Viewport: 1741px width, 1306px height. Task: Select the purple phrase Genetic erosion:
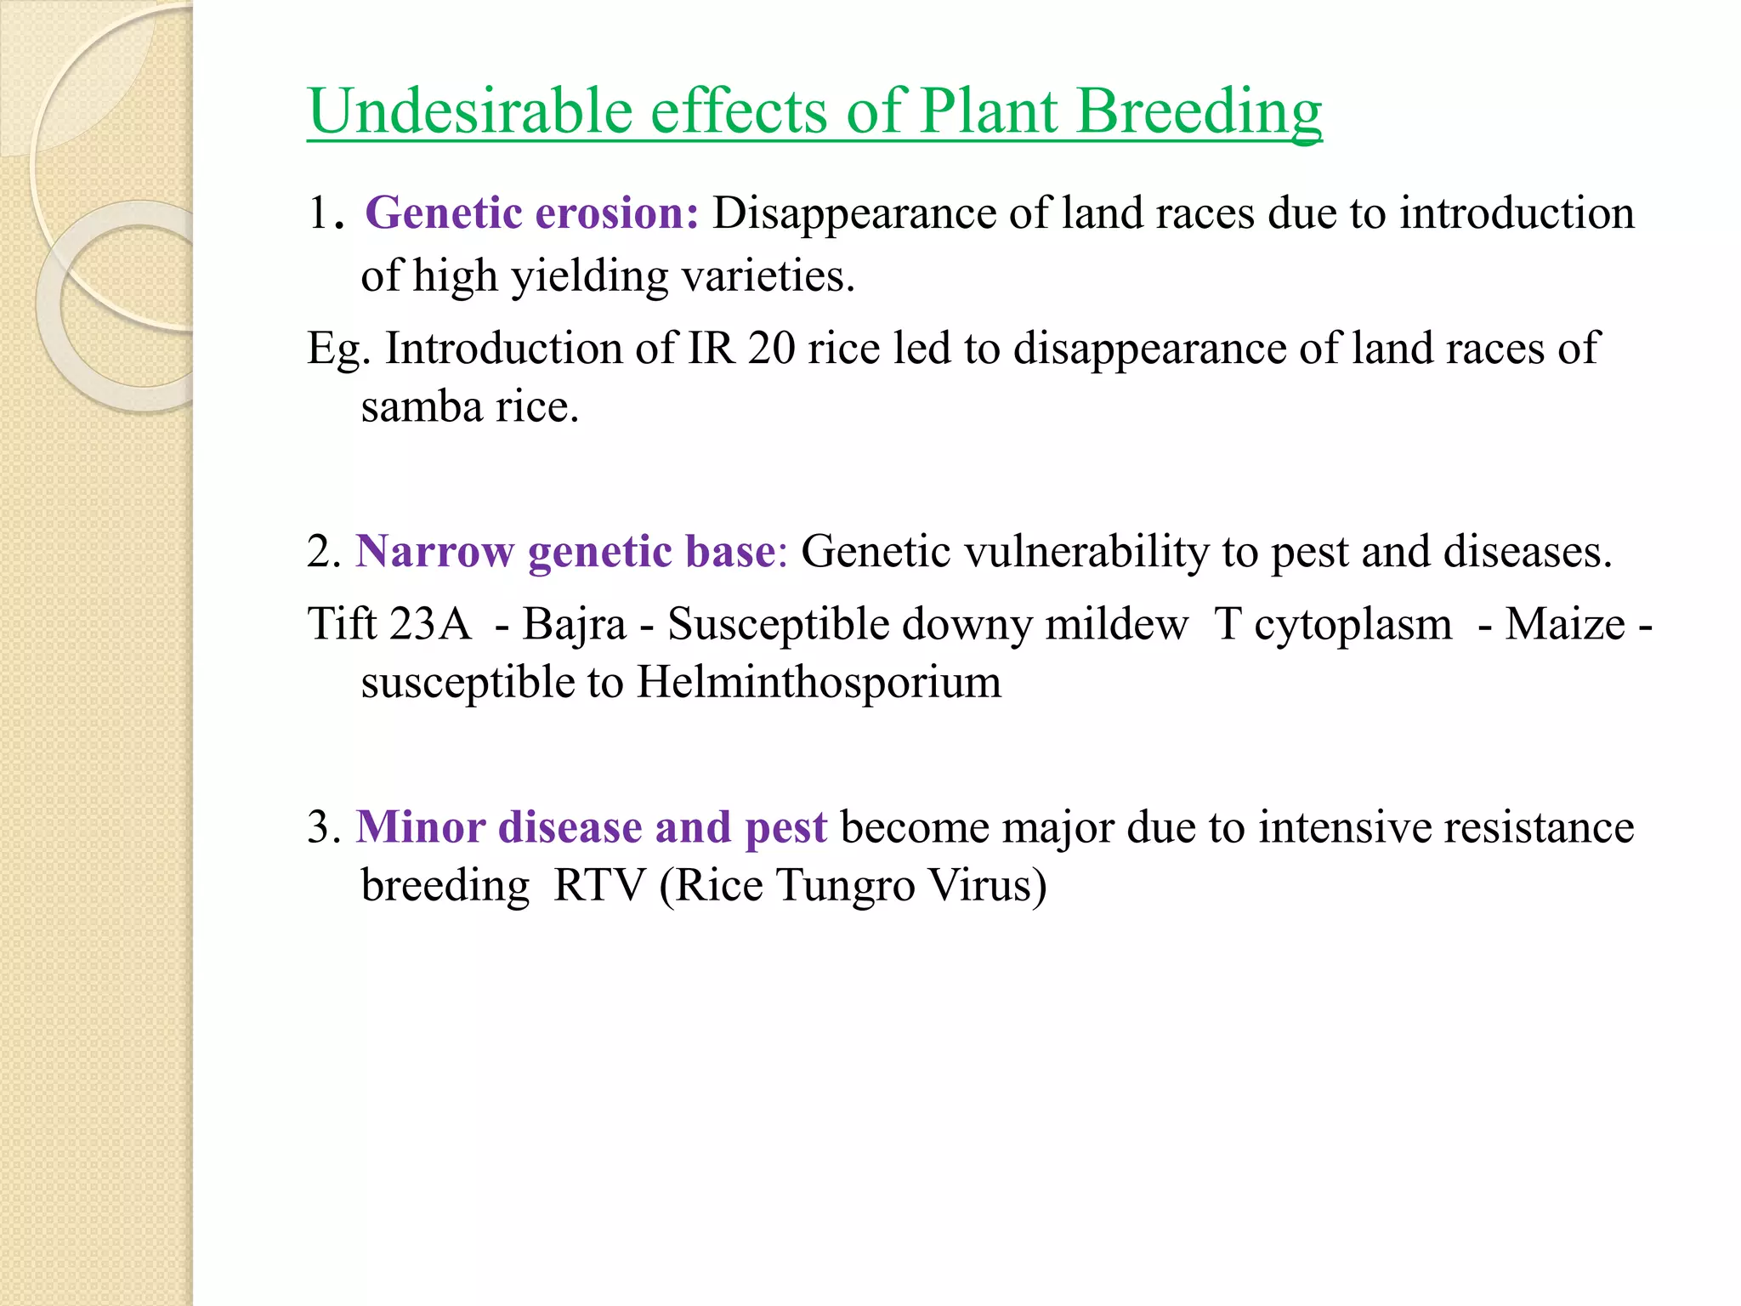click(x=531, y=213)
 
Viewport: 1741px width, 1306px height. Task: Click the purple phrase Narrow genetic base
click(x=565, y=551)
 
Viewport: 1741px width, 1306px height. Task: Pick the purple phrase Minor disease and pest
click(x=591, y=826)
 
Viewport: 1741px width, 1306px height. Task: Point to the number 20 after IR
click(x=771, y=349)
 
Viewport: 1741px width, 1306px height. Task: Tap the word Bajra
click(x=574, y=624)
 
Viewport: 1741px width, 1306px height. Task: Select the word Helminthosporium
click(x=819, y=682)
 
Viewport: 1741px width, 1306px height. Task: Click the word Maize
click(x=1565, y=624)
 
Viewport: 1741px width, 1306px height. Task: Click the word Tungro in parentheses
click(x=845, y=885)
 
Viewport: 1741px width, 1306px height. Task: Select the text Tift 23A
click(x=388, y=624)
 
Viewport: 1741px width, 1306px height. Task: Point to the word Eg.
click(x=337, y=349)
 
